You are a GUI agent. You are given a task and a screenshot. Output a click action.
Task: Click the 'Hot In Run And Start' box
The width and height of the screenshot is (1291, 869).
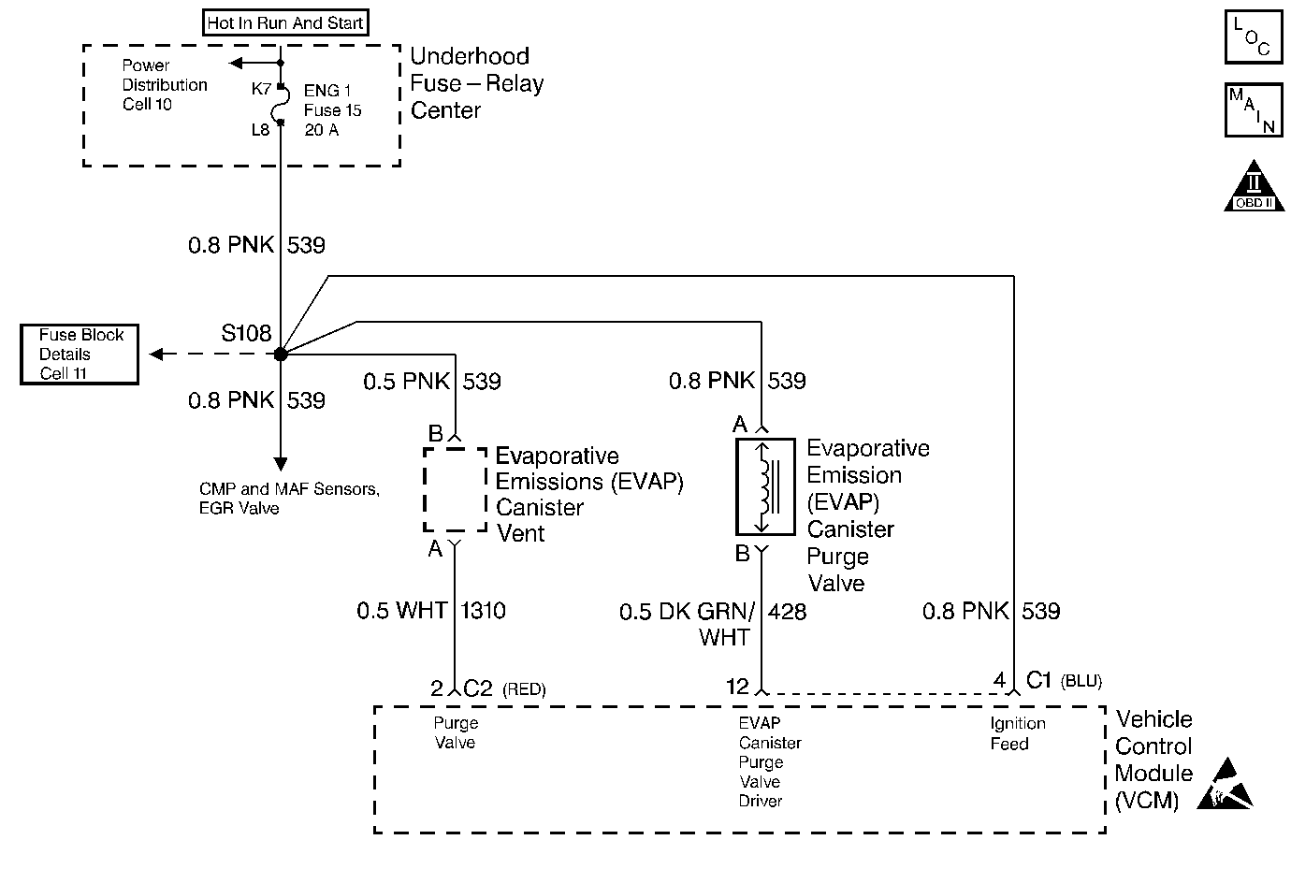tap(285, 23)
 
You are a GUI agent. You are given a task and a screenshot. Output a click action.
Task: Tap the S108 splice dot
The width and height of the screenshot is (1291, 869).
tap(280, 354)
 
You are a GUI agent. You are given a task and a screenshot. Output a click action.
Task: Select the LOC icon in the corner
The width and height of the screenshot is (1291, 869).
tap(1254, 37)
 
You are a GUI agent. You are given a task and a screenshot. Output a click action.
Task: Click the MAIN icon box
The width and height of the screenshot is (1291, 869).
tap(1254, 109)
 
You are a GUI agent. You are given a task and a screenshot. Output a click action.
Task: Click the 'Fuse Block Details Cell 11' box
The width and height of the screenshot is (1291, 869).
tap(80, 355)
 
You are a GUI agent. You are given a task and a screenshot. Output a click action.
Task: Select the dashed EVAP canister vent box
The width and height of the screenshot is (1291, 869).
tap(455, 489)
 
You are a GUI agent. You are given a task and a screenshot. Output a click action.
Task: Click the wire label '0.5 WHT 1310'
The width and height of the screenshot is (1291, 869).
tap(431, 611)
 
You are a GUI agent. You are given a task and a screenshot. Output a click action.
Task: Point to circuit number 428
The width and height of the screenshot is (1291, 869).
tap(787, 611)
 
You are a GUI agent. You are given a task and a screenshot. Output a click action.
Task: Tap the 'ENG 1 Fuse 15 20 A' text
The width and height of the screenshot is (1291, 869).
tap(332, 110)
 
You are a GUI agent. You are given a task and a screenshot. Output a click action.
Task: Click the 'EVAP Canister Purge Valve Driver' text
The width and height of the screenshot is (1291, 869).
tap(769, 761)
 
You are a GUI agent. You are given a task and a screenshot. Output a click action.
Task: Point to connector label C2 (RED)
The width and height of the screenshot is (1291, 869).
tap(504, 689)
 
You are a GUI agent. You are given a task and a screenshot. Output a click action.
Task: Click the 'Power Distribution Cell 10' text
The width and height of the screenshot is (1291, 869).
tap(165, 85)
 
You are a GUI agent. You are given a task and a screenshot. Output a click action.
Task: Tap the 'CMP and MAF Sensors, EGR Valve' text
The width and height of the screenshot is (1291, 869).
tap(289, 499)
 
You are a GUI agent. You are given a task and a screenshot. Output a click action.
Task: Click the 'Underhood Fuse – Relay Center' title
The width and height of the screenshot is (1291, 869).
tap(476, 83)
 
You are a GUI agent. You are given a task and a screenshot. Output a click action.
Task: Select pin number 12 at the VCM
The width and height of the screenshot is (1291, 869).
tap(737, 688)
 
